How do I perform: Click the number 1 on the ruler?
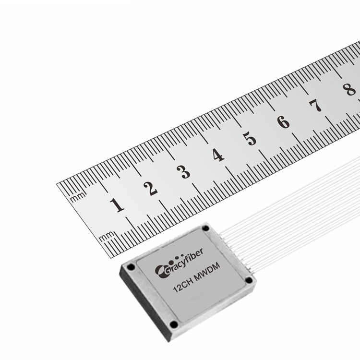pos(117,205)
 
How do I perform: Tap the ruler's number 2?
pos(151,188)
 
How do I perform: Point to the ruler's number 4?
pos(218,155)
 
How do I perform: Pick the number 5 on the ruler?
pos(250,139)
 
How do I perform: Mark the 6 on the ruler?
pos(284,122)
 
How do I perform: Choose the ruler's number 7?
pos(315,106)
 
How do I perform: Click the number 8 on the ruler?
pos(349,89)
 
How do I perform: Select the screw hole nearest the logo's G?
pos(131,266)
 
